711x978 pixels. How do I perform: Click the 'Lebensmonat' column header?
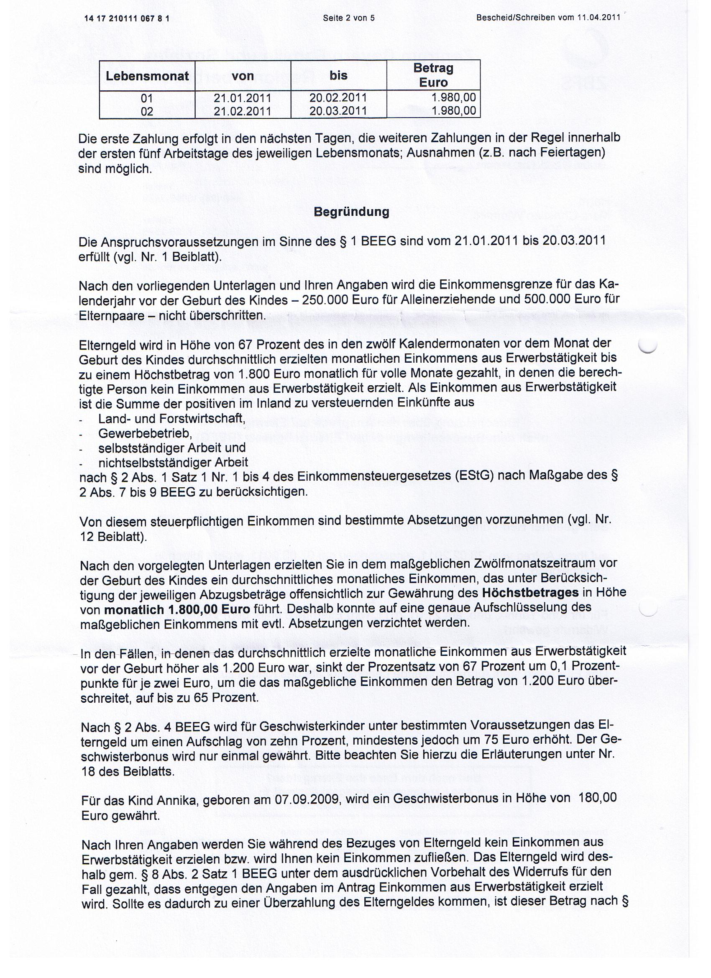point(147,76)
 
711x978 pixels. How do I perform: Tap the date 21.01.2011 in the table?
point(242,98)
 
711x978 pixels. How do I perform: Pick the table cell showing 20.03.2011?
point(338,111)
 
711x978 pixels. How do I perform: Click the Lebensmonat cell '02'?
point(147,111)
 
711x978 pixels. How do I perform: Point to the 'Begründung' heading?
point(351,212)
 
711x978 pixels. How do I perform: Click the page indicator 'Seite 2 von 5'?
point(348,18)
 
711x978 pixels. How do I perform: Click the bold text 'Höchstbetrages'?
point(530,592)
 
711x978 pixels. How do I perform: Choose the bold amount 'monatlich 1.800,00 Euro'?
point(177,609)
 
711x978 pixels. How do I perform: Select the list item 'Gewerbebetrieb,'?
point(145,433)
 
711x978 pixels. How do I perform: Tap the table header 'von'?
point(243,76)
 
